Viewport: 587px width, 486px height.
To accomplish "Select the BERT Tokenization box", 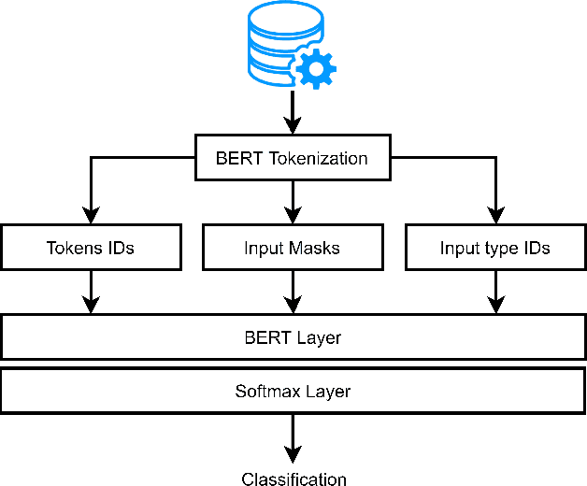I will pos(292,158).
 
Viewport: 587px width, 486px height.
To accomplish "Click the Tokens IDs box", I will pos(90,248).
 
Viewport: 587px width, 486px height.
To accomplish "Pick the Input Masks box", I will pos(292,248).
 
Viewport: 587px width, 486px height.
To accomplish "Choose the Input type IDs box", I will pos(494,248).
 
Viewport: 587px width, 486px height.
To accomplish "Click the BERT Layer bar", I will pos(293,337).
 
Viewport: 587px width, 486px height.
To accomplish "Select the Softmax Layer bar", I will pos(293,391).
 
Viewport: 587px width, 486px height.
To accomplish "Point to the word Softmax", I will pos(265,391).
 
